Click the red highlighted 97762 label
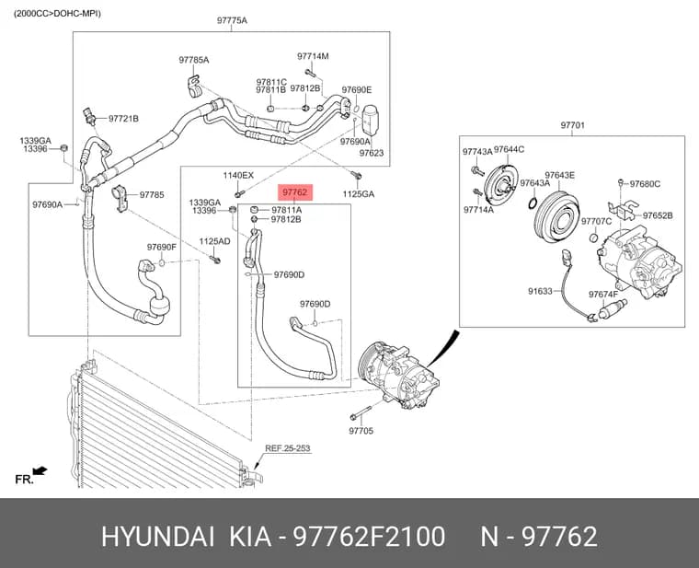click(x=295, y=192)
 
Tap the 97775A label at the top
click(x=232, y=20)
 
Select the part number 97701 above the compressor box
click(x=572, y=125)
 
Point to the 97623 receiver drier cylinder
click(x=370, y=119)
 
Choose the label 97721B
click(x=123, y=119)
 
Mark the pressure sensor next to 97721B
click(x=89, y=116)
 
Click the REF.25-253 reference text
click(x=288, y=448)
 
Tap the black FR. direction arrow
click(x=40, y=469)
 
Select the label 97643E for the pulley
click(x=559, y=175)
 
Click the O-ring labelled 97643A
click(x=533, y=203)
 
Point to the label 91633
click(x=540, y=291)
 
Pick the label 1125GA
click(x=359, y=194)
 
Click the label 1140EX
click(x=238, y=175)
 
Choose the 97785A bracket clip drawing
click(x=194, y=86)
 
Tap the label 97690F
click(x=162, y=247)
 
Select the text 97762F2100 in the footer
click(x=368, y=536)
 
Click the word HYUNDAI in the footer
click(x=158, y=536)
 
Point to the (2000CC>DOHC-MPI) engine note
click(x=57, y=14)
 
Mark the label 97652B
click(x=658, y=215)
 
